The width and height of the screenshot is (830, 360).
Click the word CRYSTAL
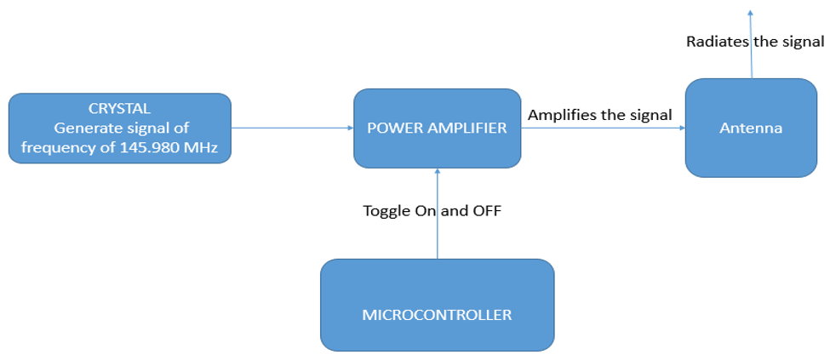(120, 109)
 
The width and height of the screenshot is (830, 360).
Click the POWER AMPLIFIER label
(438, 128)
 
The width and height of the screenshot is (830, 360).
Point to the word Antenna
(751, 128)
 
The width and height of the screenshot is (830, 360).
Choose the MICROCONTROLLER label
(438, 315)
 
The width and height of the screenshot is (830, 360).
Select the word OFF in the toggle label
(487, 211)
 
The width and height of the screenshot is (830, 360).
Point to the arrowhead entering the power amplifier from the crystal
(351, 128)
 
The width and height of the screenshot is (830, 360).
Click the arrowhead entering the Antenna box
(682, 128)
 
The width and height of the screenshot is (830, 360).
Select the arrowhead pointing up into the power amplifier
(438, 172)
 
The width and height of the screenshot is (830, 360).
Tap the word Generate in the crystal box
(80, 129)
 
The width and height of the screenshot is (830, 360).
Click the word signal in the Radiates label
(805, 43)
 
